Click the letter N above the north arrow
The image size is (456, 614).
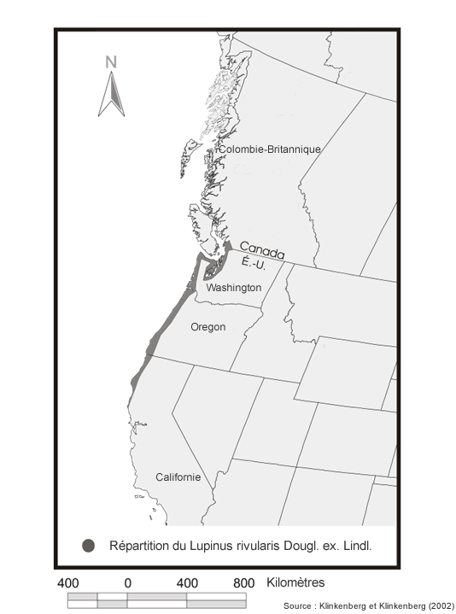111,61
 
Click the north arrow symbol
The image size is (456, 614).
111,94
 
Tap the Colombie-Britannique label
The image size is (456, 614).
270,149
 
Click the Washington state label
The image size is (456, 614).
234,288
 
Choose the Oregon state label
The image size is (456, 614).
208,327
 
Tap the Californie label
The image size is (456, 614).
178,477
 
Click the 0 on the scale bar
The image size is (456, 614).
127,583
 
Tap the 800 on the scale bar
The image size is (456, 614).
244,583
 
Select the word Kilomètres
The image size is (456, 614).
295,583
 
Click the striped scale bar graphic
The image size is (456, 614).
156,599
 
